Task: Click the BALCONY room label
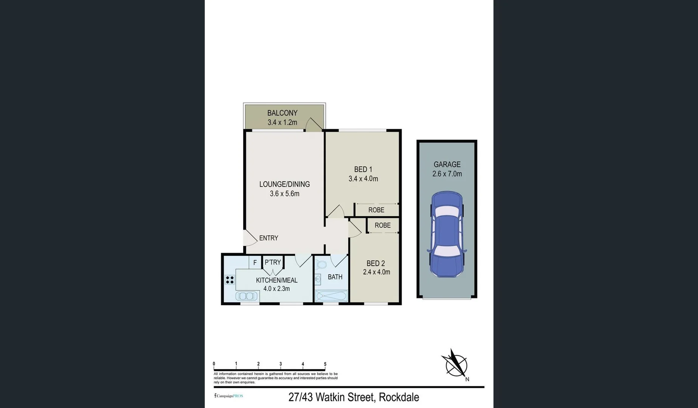282,113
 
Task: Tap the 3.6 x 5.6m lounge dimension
284,194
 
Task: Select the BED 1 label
363,169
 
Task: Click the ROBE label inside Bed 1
376,210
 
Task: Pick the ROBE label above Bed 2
383,226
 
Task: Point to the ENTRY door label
268,238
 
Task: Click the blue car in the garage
447,234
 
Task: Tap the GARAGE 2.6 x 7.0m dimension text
447,174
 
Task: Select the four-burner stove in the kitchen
230,280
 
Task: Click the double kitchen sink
247,296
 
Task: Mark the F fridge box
255,263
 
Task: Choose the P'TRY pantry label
273,262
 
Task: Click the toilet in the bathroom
321,264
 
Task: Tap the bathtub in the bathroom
331,296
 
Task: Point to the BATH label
335,277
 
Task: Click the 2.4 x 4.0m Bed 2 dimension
376,272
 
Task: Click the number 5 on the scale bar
325,364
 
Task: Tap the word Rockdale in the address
399,397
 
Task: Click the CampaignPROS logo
229,396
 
